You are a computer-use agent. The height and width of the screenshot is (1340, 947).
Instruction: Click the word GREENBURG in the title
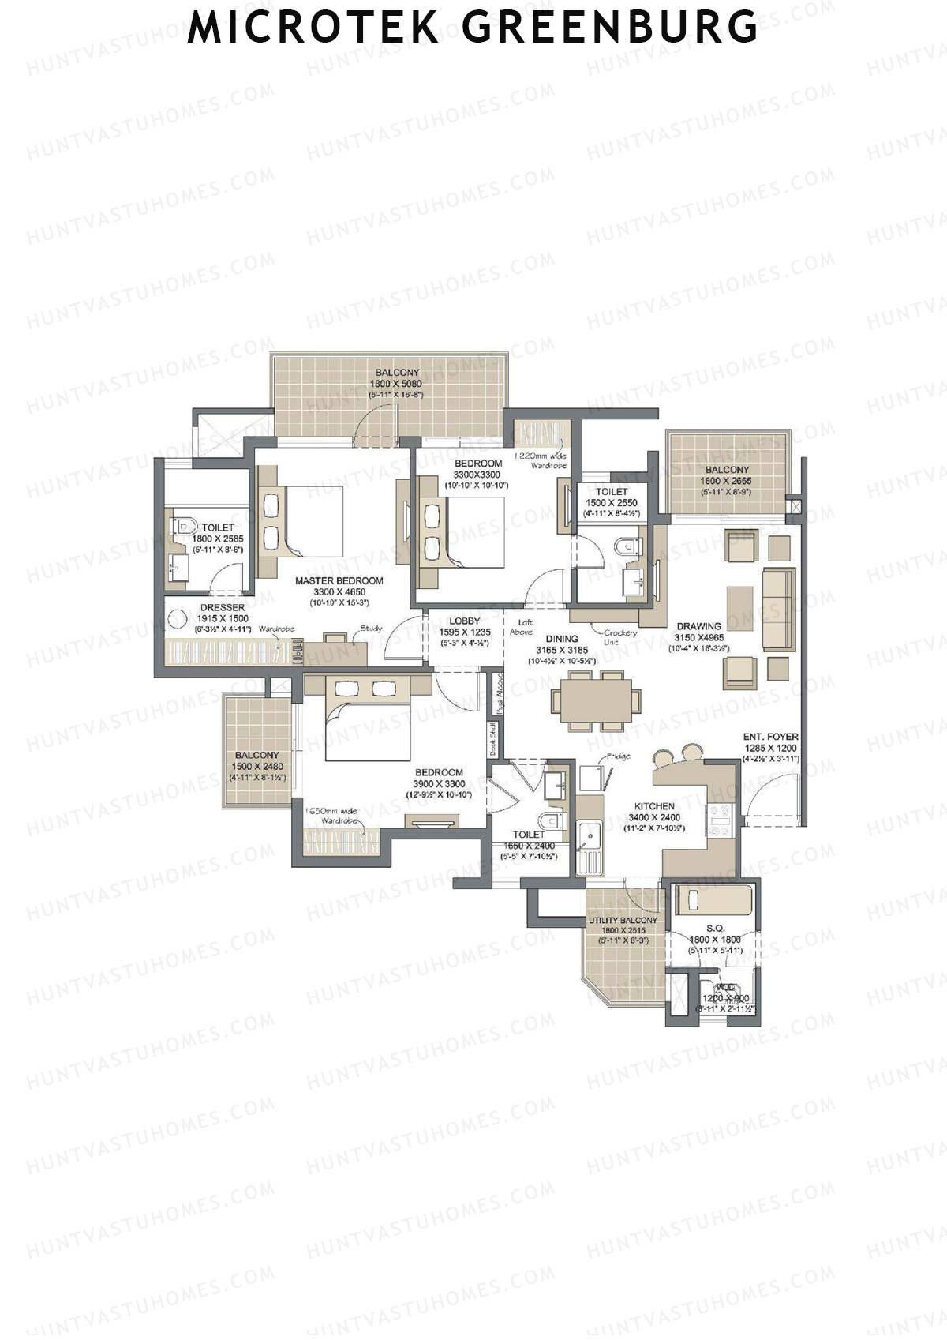point(609,28)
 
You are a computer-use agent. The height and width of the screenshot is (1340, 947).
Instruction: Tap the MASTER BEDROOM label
point(339,580)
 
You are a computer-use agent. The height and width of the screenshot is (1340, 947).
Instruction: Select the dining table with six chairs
point(595,700)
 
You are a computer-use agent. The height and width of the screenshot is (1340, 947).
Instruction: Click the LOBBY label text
point(465,621)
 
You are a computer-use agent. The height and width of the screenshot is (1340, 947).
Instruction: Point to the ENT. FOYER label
point(770,737)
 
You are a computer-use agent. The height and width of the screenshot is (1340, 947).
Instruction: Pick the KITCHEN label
point(653,807)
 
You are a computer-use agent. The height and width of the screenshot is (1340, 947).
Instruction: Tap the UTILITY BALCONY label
point(623,921)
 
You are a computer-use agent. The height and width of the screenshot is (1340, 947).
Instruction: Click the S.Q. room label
point(715,929)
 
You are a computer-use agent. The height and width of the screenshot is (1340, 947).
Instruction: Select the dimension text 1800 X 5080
point(396,384)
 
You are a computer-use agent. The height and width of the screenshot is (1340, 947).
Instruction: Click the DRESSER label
point(222,608)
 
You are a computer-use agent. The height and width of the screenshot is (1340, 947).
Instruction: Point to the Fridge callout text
point(618,756)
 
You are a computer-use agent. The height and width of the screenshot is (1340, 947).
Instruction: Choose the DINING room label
point(561,639)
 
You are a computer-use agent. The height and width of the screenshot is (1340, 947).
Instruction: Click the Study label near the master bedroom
point(371,629)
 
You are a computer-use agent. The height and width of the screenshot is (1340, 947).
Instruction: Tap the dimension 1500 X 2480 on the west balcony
point(257,766)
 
